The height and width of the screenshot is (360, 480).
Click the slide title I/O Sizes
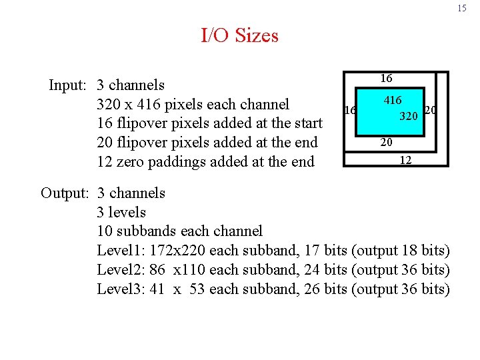239,35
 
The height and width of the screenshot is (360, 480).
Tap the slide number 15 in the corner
462,9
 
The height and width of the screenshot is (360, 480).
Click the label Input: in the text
69,85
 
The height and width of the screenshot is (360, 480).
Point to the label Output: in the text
65,193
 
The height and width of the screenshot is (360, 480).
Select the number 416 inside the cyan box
393,101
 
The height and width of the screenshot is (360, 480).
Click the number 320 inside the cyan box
409,117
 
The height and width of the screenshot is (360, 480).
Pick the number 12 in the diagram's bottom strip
405,160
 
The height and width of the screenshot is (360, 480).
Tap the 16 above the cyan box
386,79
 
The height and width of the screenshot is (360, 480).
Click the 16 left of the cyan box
348,110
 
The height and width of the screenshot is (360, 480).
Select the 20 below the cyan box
386,142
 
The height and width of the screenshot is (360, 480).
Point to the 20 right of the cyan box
431,110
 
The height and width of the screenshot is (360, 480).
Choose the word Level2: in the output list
121,270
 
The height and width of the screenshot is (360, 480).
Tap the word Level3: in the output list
121,289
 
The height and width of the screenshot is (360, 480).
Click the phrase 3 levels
121,212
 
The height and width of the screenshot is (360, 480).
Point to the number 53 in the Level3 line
197,289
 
